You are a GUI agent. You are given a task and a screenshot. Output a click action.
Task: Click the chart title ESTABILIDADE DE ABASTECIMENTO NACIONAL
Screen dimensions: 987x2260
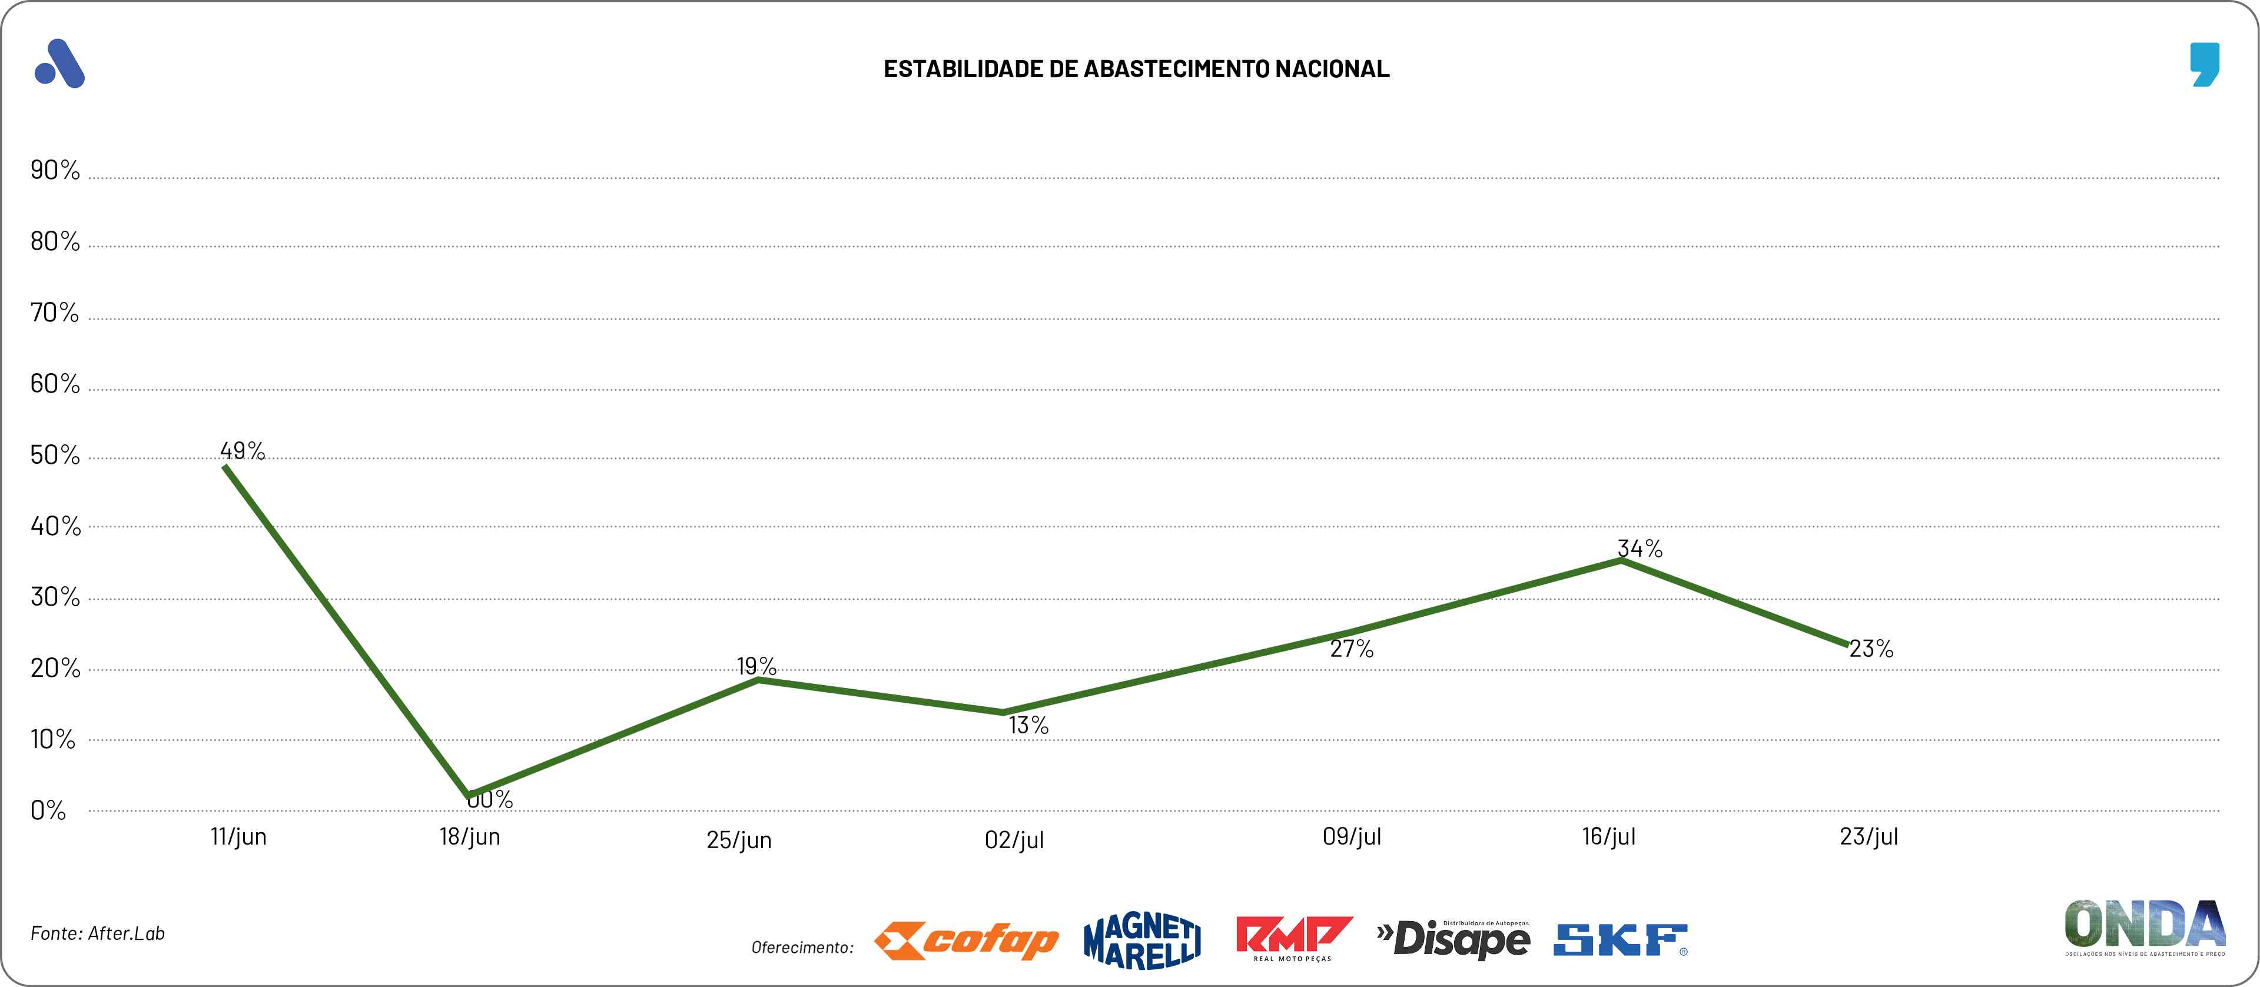[1136, 69]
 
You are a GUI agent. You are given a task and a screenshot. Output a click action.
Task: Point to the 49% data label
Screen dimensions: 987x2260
[242, 451]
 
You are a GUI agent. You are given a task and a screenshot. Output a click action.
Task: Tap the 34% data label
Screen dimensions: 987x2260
[1640, 549]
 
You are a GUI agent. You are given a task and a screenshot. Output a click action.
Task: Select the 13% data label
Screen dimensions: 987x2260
[1028, 726]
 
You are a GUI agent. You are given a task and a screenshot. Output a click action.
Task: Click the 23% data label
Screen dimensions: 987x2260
[1871, 649]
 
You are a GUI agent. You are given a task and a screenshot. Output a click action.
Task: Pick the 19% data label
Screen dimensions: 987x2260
[756, 667]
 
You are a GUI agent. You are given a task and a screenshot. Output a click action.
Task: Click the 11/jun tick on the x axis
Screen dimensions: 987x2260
[238, 837]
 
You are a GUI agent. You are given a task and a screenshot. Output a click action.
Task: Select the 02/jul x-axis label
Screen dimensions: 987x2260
[1014, 840]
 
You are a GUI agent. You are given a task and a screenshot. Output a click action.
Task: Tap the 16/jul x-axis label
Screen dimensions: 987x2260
[1608, 837]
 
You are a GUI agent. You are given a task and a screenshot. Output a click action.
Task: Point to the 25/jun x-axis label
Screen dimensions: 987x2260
[739, 840]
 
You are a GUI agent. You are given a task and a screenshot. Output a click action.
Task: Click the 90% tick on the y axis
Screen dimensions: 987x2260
[54, 170]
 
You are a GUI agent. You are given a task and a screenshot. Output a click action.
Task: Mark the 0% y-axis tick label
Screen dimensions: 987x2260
[48, 810]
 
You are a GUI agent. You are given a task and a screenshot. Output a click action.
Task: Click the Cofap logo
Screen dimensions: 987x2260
[966, 941]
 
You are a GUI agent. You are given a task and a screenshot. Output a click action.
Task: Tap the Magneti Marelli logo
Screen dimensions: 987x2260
[1142, 941]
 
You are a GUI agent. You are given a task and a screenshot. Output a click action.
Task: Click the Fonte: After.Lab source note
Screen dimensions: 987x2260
[97, 933]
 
